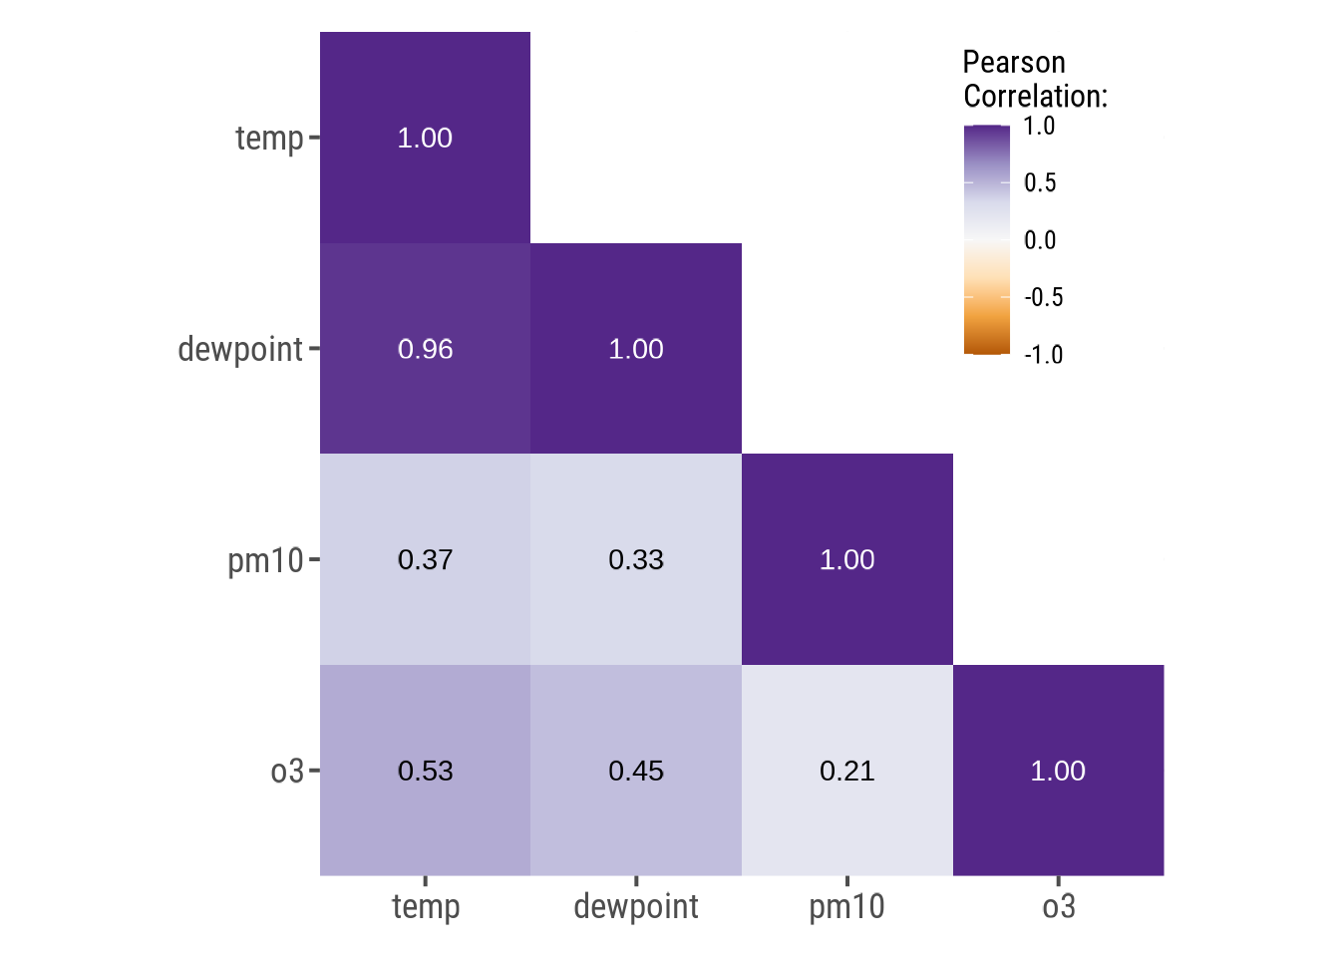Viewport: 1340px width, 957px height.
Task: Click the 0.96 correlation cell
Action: point(425,349)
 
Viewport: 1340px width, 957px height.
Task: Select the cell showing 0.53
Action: point(425,771)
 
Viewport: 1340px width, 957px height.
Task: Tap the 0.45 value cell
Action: point(636,771)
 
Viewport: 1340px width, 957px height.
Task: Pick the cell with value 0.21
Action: point(846,771)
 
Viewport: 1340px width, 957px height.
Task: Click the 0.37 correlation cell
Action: point(425,559)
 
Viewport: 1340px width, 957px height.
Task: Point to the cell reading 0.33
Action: point(636,559)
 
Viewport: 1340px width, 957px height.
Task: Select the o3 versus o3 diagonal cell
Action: point(1058,771)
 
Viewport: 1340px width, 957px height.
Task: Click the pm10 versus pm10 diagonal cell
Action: point(846,559)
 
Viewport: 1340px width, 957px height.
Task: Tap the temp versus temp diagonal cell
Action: point(425,138)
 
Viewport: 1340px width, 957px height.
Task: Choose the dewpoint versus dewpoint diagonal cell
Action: point(636,349)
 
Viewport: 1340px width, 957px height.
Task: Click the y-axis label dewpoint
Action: point(240,350)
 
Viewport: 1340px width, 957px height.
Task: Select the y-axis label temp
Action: point(269,139)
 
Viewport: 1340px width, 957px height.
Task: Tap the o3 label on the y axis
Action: point(287,772)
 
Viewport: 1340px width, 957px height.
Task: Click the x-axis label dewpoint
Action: point(636,907)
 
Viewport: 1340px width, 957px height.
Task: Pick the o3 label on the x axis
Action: point(1059,907)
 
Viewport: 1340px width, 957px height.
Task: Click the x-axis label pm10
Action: point(846,907)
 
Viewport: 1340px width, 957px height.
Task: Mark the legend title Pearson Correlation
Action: point(1035,80)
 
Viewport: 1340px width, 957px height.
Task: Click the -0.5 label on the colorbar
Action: point(1044,297)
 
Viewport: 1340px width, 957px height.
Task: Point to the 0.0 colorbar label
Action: point(1040,240)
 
